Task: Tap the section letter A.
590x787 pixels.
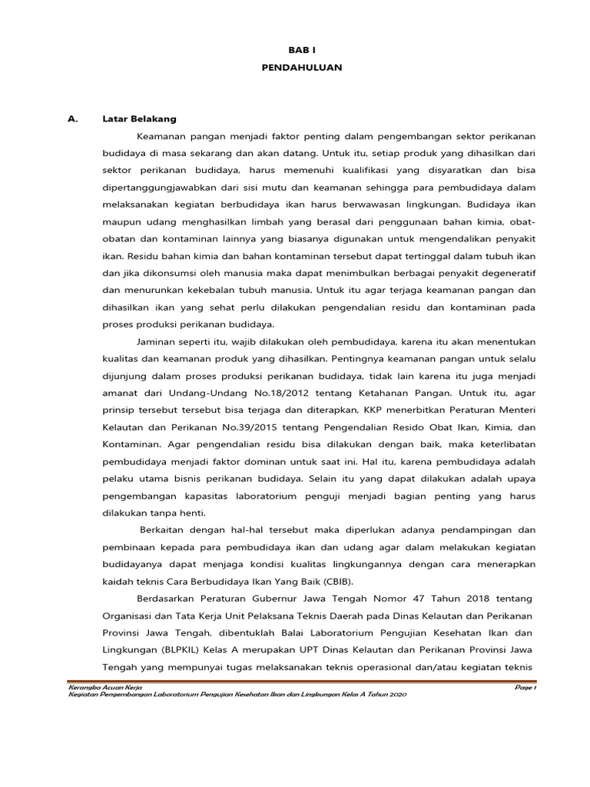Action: [73, 119]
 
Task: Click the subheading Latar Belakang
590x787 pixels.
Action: [139, 119]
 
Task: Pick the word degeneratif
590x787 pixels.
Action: [508, 273]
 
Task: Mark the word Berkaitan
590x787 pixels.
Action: [165, 530]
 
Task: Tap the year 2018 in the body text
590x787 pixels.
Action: [454, 599]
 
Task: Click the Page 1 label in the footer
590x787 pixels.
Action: [525, 686]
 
